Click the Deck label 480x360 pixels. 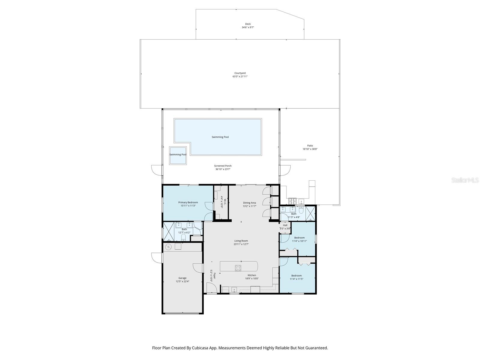point(247,24)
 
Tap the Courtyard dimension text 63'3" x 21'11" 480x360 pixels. point(240,76)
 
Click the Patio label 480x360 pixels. point(310,145)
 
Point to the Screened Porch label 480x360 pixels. point(223,166)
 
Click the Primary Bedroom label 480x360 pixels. point(188,202)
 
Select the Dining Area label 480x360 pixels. point(249,203)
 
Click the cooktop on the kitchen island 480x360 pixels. point(238,268)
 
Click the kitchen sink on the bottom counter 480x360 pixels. point(234,289)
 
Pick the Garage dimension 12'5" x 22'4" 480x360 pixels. point(182,281)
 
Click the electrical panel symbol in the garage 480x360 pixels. point(168,247)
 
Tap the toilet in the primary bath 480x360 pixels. point(184,238)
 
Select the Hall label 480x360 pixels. point(285,225)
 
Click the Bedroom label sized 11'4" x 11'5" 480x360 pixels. point(296,275)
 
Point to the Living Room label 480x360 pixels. point(241,241)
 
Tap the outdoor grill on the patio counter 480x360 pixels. point(292,201)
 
